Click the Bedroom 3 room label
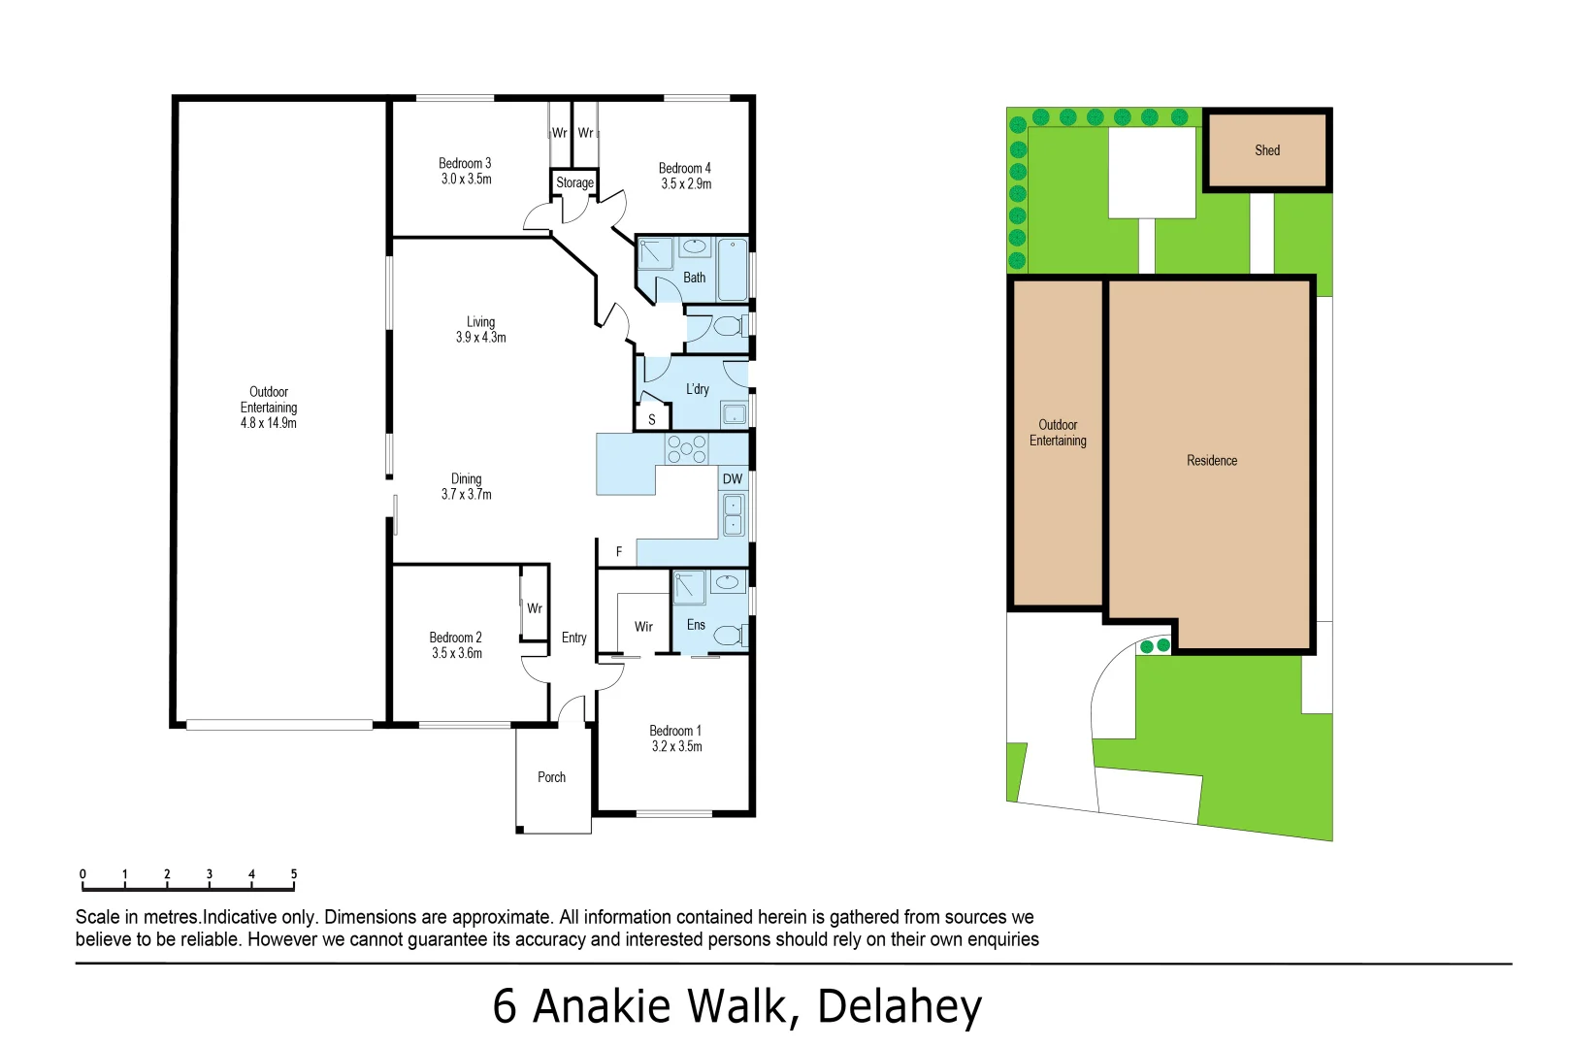465,163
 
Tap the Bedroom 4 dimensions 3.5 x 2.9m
686,183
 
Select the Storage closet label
574,182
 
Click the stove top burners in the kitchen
686,449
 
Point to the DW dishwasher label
733,478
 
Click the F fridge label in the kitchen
619,551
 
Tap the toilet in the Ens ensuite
728,636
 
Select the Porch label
551,777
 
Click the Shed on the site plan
1266,150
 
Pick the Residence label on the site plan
1211,461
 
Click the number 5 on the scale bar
294,874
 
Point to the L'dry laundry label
698,389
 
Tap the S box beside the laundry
652,419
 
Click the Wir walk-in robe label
643,627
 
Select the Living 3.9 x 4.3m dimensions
481,338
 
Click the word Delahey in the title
899,1006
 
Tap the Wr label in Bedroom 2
535,608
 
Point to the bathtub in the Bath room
733,269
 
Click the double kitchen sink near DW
734,514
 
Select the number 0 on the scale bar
82,874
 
